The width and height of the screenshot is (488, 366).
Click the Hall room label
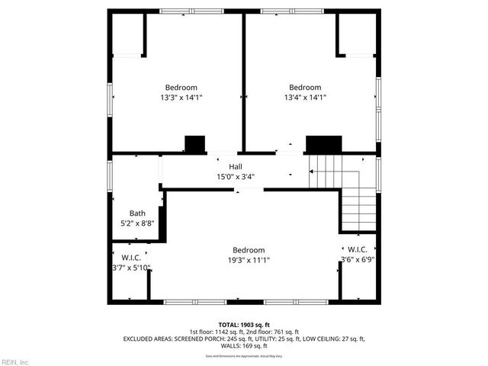pyautogui.click(x=236, y=165)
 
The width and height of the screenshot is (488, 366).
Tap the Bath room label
pyautogui.click(x=137, y=213)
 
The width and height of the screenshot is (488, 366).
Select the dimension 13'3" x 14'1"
pyautogui.click(x=181, y=98)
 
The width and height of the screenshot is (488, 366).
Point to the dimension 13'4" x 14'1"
pyautogui.click(x=304, y=98)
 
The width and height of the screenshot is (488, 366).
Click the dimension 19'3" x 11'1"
pyautogui.click(x=249, y=260)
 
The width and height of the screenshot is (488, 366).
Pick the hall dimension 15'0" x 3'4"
pyautogui.click(x=236, y=176)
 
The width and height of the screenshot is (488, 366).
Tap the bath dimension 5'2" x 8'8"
pyautogui.click(x=137, y=223)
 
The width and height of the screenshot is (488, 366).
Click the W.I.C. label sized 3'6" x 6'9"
pyautogui.click(x=358, y=250)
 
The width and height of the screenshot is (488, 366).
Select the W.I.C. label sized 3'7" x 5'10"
pyautogui.click(x=131, y=258)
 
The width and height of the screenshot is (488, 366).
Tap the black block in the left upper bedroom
pyautogui.click(x=196, y=143)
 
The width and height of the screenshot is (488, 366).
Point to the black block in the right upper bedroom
pyautogui.click(x=323, y=144)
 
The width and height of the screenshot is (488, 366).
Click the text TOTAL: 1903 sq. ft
pyautogui.click(x=244, y=323)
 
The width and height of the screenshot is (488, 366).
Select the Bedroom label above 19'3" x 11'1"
pyautogui.click(x=249, y=250)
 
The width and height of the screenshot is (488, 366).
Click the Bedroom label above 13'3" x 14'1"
pyautogui.click(x=181, y=87)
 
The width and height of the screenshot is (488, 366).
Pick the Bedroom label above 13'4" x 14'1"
pyautogui.click(x=304, y=87)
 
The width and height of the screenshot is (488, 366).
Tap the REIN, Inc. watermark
pyautogui.click(x=14, y=361)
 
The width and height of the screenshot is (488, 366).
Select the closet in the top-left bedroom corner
pyautogui.click(x=127, y=35)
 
